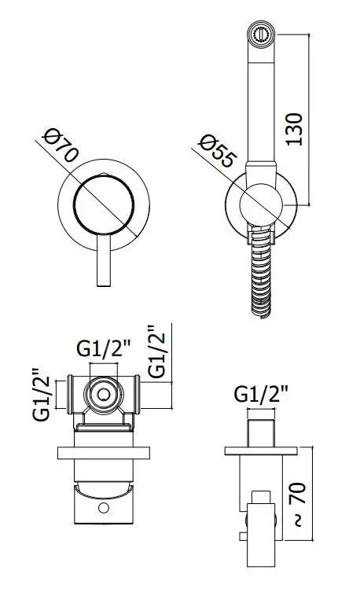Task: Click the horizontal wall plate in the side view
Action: click(261, 451)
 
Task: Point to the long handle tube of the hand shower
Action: click(258, 102)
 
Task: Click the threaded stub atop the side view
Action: click(261, 432)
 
